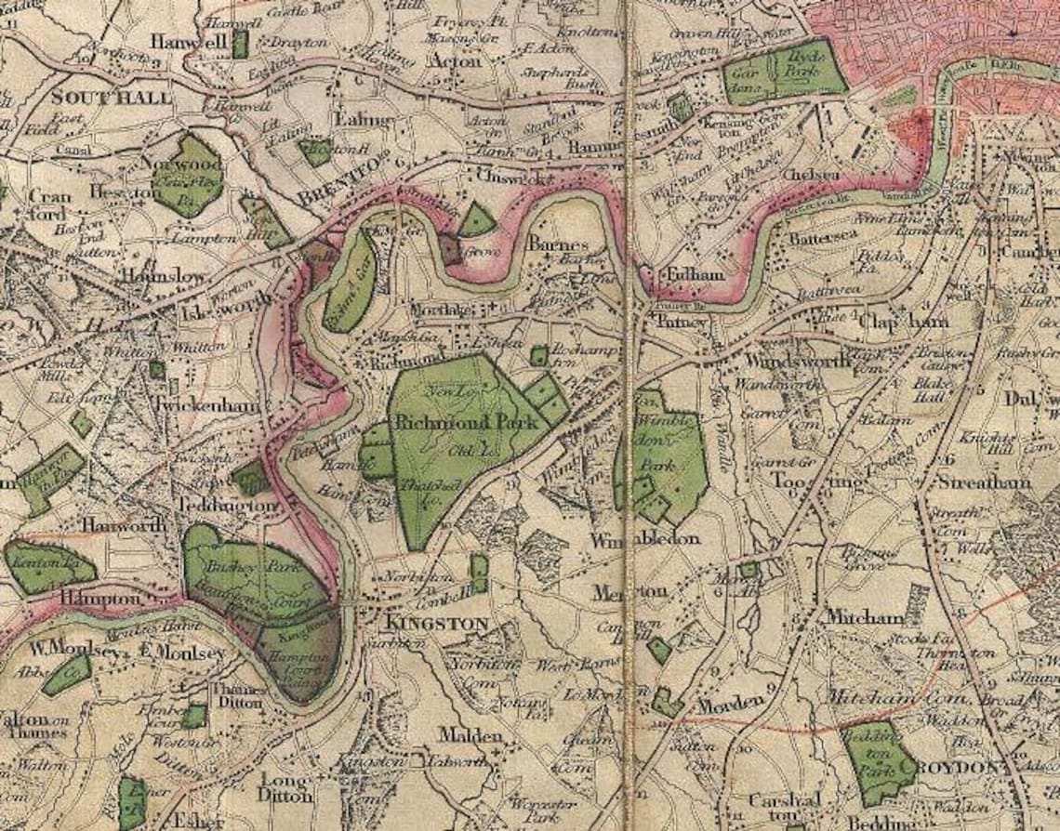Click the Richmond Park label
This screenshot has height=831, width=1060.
pos(467,422)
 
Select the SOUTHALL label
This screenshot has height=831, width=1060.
pos(113,97)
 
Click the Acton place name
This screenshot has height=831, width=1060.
pos(455,61)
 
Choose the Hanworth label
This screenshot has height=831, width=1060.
pos(124,525)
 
